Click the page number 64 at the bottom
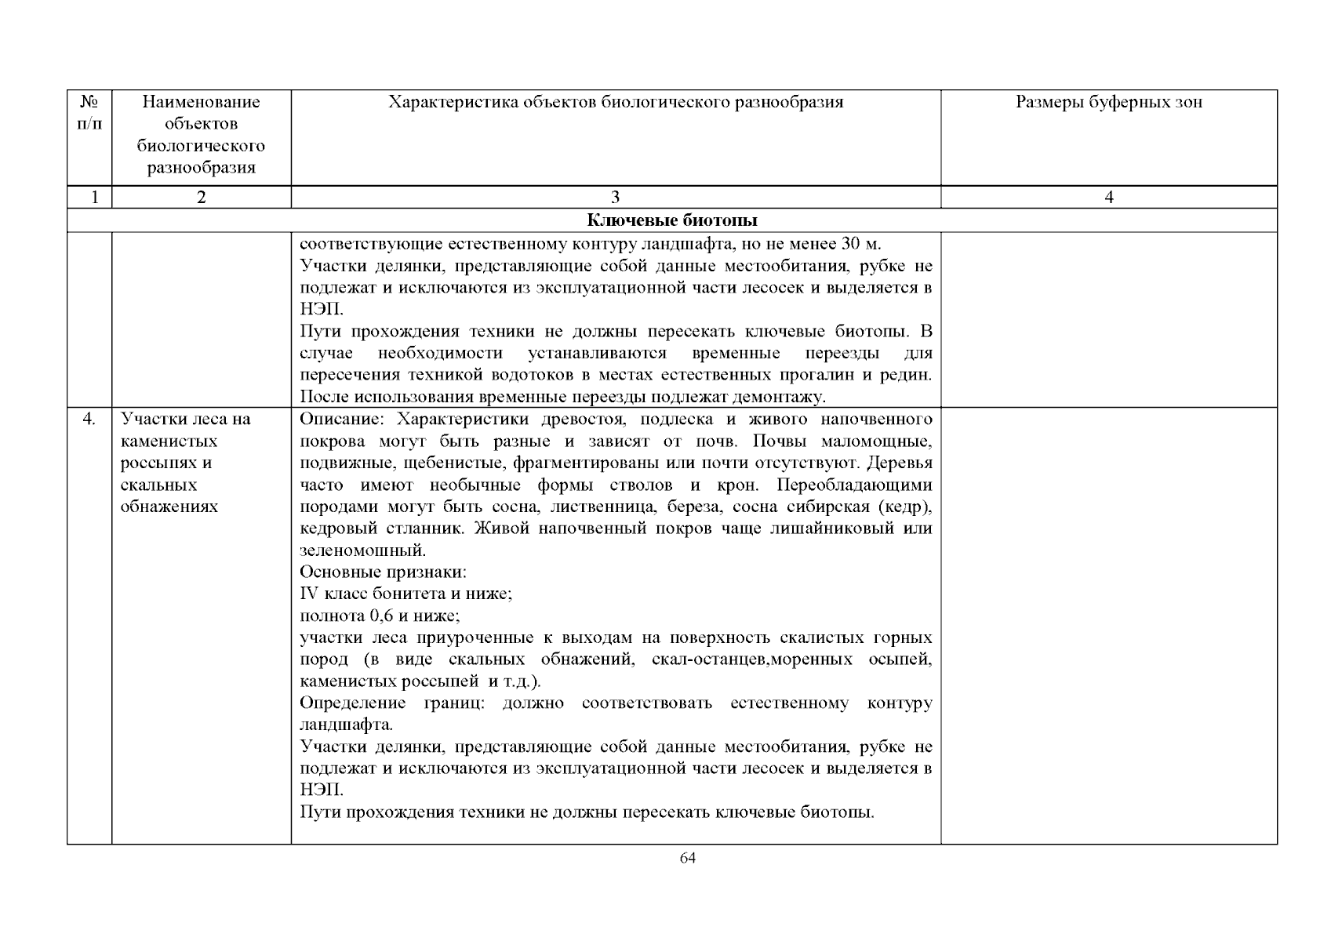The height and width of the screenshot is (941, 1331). coord(687,857)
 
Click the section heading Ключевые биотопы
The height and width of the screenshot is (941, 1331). coord(672,220)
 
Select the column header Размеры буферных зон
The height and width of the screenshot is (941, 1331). coord(1108,102)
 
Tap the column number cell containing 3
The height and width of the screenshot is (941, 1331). coord(615,198)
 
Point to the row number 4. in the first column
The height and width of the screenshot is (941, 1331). coord(89,419)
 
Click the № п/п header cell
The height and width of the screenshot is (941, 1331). coord(89,113)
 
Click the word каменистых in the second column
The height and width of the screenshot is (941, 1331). coord(169,441)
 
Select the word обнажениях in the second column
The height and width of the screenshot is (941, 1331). coord(169,507)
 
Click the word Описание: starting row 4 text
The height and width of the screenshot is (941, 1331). coord(339,419)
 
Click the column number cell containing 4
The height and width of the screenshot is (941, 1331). coord(1108,198)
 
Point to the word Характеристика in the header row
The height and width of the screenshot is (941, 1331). coord(445,102)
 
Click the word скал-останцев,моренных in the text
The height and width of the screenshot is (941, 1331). coord(751,659)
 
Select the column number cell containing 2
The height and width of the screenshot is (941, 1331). coord(202,198)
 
